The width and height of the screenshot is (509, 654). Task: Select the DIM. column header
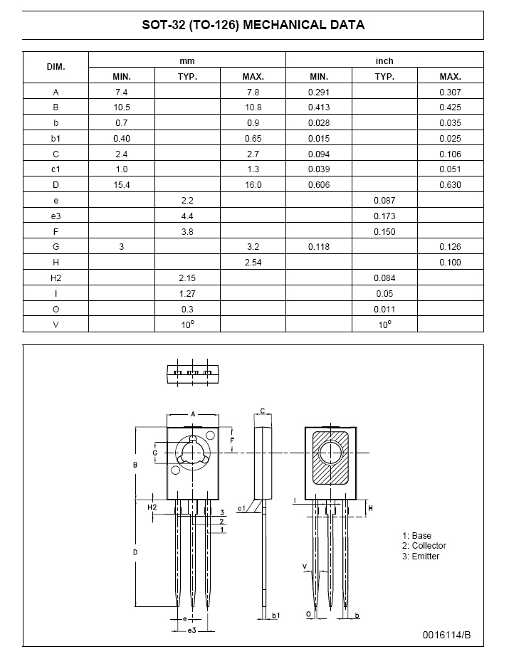(x=56, y=67)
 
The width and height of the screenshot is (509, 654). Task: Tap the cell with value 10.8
(x=253, y=107)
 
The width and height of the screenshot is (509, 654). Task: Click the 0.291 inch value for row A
(x=319, y=93)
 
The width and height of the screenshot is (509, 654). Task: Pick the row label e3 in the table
(x=56, y=216)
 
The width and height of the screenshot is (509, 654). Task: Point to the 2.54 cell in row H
(x=253, y=263)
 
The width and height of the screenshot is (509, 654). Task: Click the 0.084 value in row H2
(x=384, y=278)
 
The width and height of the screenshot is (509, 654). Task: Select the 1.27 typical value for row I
(x=187, y=294)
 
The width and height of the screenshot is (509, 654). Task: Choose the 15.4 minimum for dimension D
(x=122, y=185)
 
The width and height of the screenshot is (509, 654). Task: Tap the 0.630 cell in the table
(x=450, y=185)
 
